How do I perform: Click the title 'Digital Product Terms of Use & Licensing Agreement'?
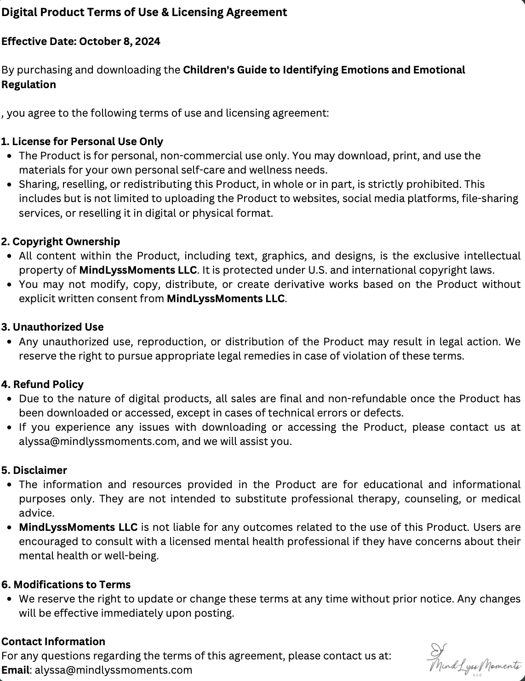point(144,12)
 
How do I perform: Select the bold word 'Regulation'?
point(29,84)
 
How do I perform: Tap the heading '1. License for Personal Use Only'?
point(82,141)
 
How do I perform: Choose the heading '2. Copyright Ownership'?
point(60,242)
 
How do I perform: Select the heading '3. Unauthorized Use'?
point(52,327)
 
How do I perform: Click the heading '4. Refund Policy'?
point(42,384)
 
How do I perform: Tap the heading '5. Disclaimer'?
point(34,470)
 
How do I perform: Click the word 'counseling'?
point(432,499)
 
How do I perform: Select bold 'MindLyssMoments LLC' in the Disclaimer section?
point(78,527)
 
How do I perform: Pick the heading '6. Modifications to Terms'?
point(66,585)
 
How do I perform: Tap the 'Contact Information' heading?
point(53,642)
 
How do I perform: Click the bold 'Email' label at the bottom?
point(15,670)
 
